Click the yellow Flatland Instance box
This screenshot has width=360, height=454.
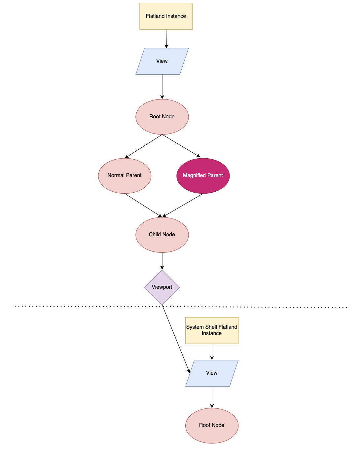point(166,16)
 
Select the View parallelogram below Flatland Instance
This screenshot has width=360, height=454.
point(162,61)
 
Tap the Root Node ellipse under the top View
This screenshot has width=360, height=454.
point(162,117)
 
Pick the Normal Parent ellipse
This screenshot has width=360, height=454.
point(125,175)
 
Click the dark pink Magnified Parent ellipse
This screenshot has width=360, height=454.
point(203,175)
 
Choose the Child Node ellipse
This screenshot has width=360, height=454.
point(162,235)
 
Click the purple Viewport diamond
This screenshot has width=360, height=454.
point(162,287)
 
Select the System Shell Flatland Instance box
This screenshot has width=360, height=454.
point(212,330)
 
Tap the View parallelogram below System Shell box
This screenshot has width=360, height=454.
point(212,373)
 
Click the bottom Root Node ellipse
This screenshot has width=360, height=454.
point(212,425)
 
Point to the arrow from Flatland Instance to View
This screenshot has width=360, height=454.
point(166,39)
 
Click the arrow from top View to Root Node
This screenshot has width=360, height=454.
point(162,87)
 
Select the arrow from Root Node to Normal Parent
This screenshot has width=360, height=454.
point(144,146)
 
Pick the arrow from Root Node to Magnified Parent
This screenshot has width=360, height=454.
point(181,146)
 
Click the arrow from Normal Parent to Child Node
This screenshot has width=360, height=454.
point(143,205)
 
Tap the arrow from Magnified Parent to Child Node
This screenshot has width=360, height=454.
point(183,205)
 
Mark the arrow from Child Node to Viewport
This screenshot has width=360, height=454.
point(162,261)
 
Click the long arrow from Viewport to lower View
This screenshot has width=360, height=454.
point(176,339)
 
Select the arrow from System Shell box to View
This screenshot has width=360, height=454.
point(212,352)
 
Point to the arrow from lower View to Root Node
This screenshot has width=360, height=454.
point(212,397)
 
